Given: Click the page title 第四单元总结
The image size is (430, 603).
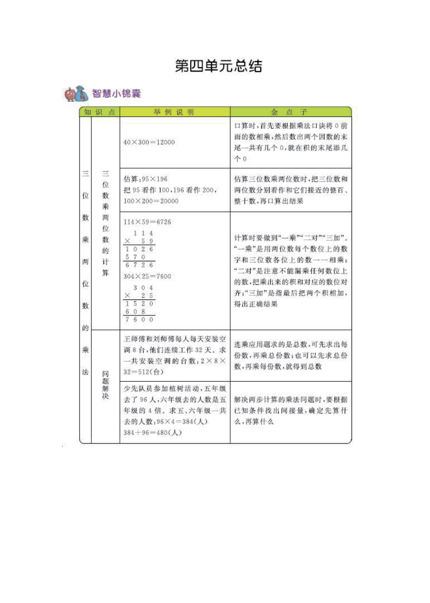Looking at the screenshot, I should [218, 66].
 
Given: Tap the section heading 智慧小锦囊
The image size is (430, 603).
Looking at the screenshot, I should [116, 94].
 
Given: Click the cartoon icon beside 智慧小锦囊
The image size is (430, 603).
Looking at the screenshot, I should [76, 94].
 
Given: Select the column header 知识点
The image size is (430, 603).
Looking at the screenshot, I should [100, 112].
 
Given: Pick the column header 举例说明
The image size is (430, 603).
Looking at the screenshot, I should [174, 112].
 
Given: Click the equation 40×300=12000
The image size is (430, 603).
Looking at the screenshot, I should [149, 142].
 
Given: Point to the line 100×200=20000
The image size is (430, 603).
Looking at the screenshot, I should [151, 201].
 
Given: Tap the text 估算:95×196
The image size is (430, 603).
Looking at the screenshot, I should [145, 179].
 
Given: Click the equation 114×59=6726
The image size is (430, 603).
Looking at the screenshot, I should [147, 222].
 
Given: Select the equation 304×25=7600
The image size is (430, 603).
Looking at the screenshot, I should [147, 276].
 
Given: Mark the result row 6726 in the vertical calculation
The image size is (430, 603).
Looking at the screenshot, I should [139, 265].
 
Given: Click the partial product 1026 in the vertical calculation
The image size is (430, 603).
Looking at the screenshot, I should [139, 249].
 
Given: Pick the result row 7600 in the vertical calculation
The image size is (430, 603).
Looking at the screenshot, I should [139, 320].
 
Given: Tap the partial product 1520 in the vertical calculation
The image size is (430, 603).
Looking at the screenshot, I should [139, 303].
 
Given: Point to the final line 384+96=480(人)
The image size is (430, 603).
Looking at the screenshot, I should [153, 433].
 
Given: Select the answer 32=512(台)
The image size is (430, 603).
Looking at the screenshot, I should [143, 372].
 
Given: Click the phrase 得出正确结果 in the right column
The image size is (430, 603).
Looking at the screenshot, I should [256, 304].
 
